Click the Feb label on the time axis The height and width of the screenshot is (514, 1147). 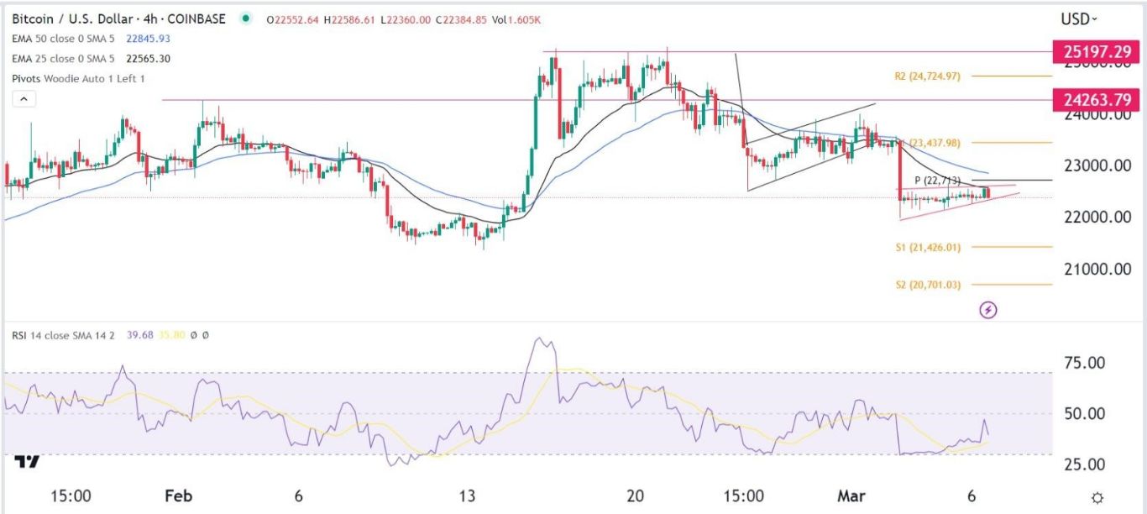coord(178,496)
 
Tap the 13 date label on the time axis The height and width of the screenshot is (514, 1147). coord(468,496)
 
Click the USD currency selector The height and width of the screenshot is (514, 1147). coord(1079,18)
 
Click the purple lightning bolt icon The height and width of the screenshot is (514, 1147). coord(989,310)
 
